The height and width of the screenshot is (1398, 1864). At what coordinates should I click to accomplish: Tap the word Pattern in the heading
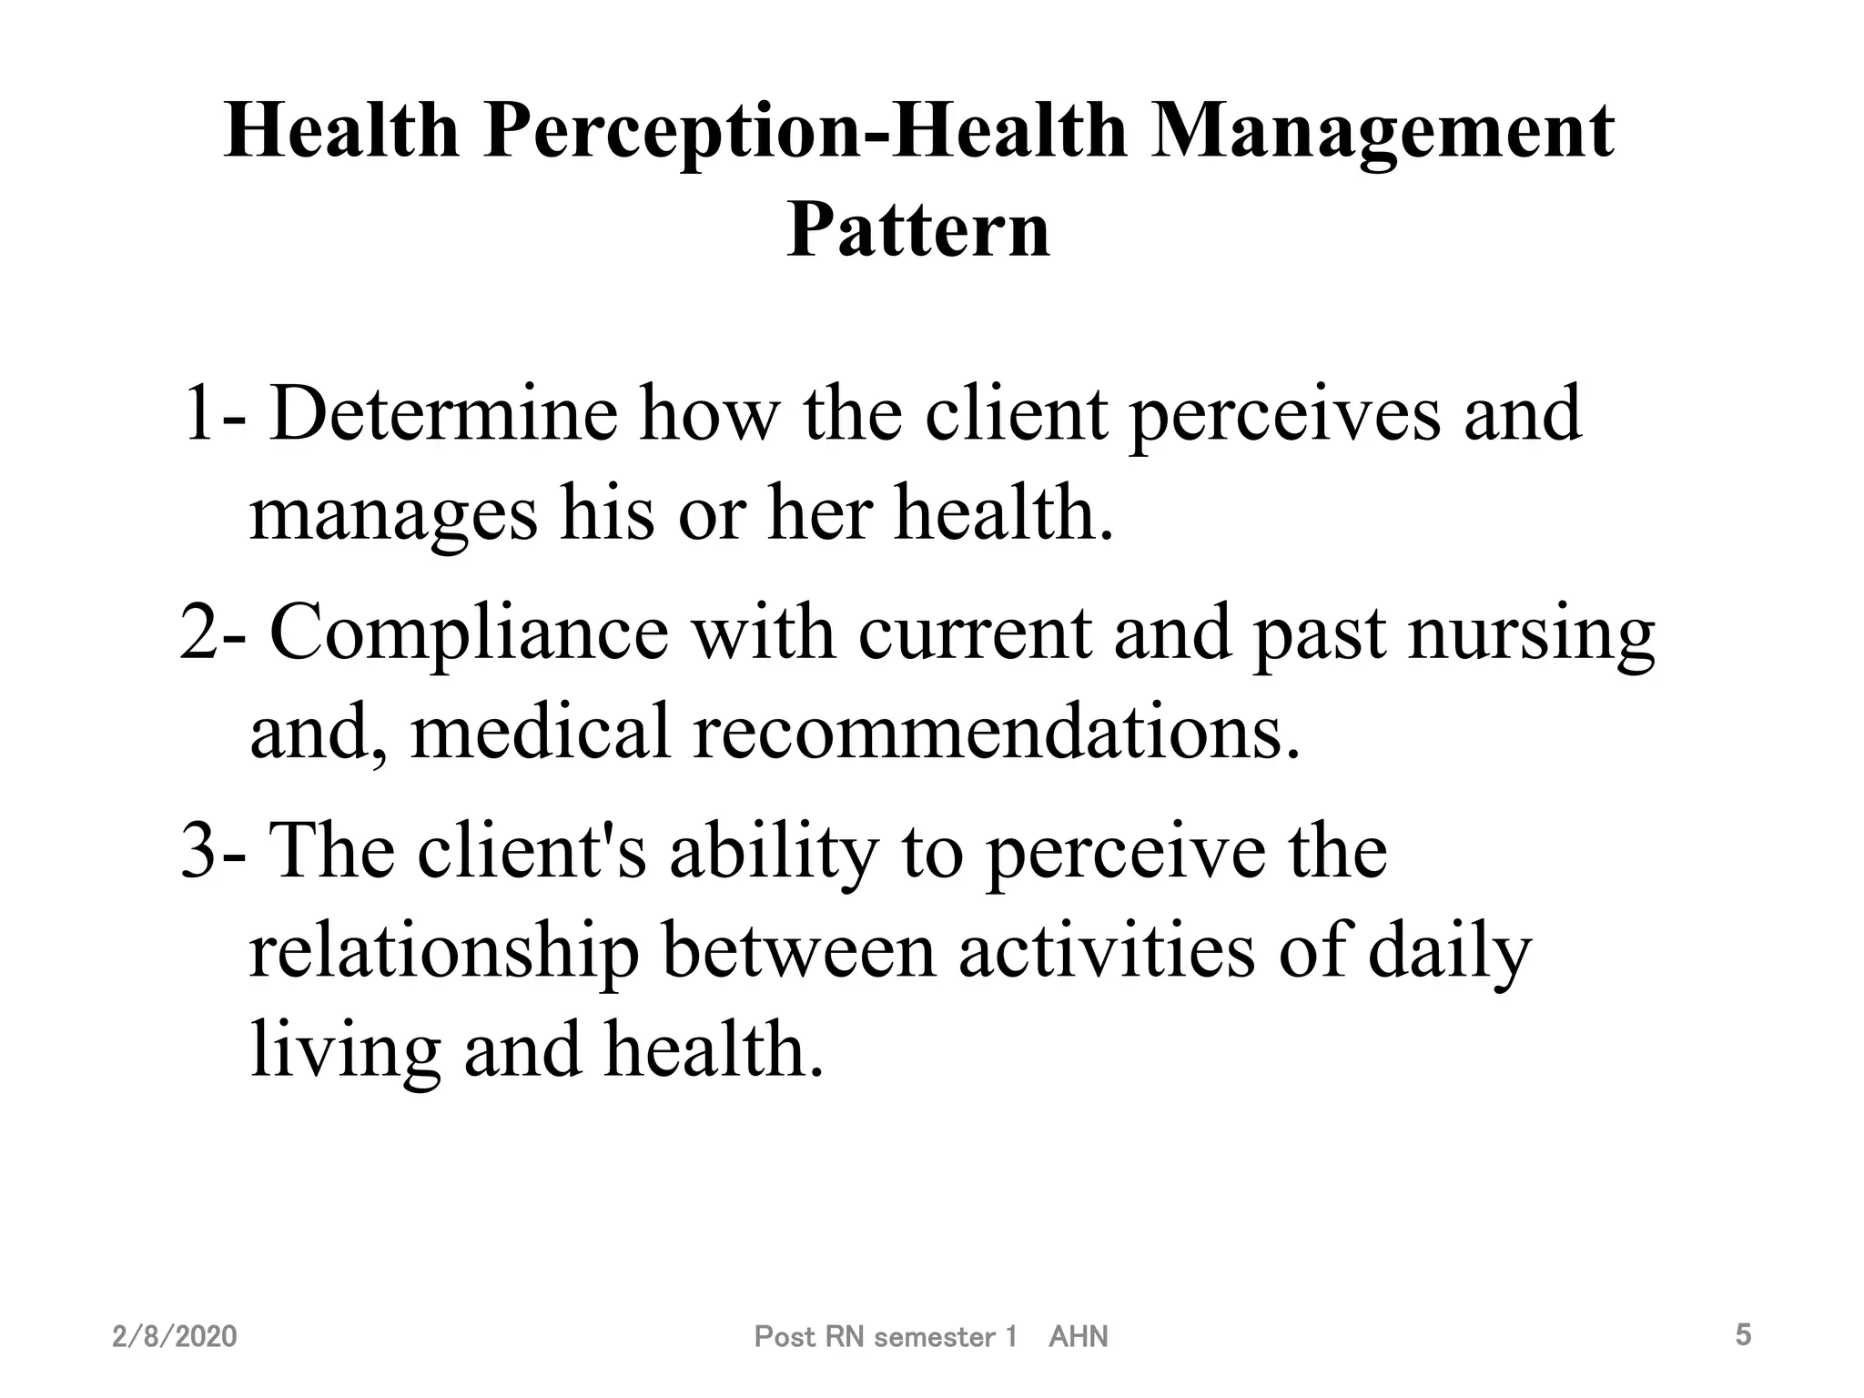pyautogui.click(x=918, y=229)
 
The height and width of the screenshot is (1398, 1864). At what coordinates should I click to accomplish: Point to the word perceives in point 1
pyautogui.click(x=1284, y=414)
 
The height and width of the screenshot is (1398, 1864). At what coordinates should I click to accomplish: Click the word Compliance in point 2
pyautogui.click(x=469, y=633)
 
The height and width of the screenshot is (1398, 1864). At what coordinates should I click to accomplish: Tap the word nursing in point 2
pyautogui.click(x=1532, y=633)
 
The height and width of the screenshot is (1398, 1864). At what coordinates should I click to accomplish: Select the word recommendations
pyautogui.click(x=997, y=733)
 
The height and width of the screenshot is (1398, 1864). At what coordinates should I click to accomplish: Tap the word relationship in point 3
pyautogui.click(x=444, y=951)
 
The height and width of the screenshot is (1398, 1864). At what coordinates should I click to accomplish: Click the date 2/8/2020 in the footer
pyautogui.click(x=174, y=1337)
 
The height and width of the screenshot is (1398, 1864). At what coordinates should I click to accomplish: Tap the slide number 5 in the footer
pyautogui.click(x=1743, y=1335)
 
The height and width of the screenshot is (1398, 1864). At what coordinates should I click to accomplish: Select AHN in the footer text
pyautogui.click(x=1079, y=1337)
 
